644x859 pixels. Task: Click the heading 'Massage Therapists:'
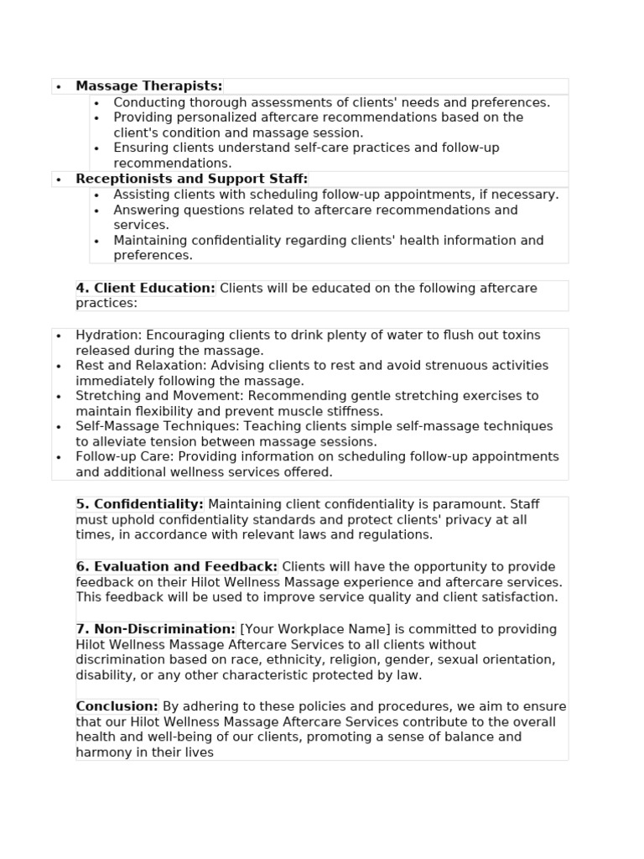[x=149, y=86]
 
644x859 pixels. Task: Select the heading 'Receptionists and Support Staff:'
[x=192, y=179]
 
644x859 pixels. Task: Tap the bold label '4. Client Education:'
[x=146, y=288]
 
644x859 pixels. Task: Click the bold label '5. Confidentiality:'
[x=140, y=504]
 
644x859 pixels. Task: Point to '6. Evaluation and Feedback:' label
[x=177, y=566]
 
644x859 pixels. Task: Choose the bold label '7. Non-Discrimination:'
[x=156, y=629]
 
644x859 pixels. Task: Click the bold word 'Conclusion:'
[x=117, y=706]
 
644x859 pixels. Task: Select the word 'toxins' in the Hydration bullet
[x=522, y=335]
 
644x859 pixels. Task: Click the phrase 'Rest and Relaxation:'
[x=142, y=366]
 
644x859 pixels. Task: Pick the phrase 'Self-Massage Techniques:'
[x=158, y=426]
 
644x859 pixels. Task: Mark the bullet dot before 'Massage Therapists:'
[x=59, y=86]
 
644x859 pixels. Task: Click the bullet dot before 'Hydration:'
[x=59, y=336]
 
